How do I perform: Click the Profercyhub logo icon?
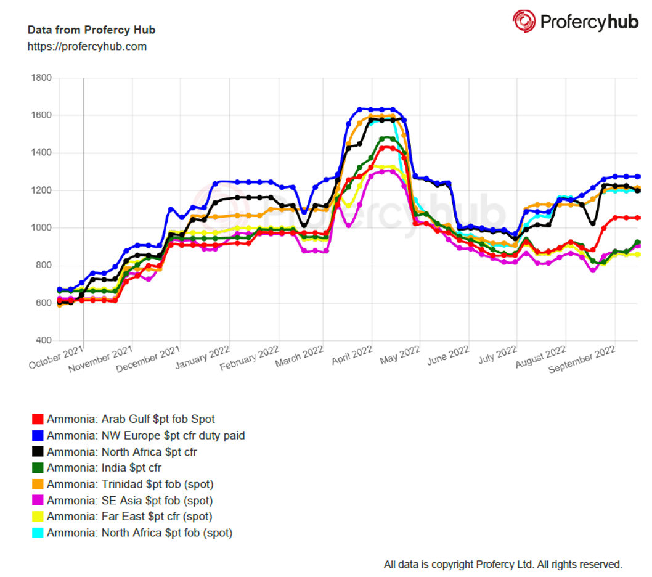[524, 21]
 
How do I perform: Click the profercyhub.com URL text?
[87, 46]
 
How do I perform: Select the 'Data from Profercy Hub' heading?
[91, 30]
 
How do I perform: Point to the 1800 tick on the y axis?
[42, 78]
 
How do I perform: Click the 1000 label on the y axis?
[42, 228]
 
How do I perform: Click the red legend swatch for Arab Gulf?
[38, 420]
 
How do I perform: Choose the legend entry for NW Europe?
[145, 436]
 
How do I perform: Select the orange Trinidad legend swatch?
[38, 485]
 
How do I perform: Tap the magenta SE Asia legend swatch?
[38, 501]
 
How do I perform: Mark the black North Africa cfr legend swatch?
[38, 452]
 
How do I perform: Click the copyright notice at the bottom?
[503, 564]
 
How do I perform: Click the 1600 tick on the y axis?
[42, 115]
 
